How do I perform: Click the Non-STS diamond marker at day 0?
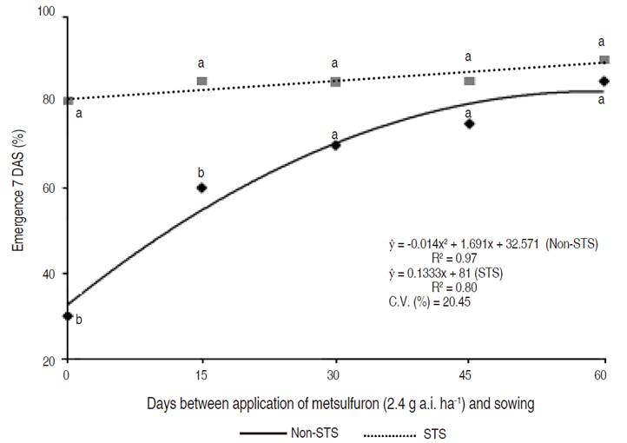point(67,316)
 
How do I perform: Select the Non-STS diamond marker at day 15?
point(201,188)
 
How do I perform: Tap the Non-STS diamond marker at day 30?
point(335,145)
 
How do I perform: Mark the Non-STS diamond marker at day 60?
point(604,81)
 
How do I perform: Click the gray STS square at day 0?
point(68,101)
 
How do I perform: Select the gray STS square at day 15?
point(201,81)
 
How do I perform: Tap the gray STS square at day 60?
point(604,60)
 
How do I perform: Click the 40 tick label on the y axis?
point(49,274)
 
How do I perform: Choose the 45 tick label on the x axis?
point(470,375)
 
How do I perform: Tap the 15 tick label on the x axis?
point(201,375)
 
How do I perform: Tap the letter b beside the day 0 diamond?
point(79,320)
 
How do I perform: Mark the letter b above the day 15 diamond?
point(201,172)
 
